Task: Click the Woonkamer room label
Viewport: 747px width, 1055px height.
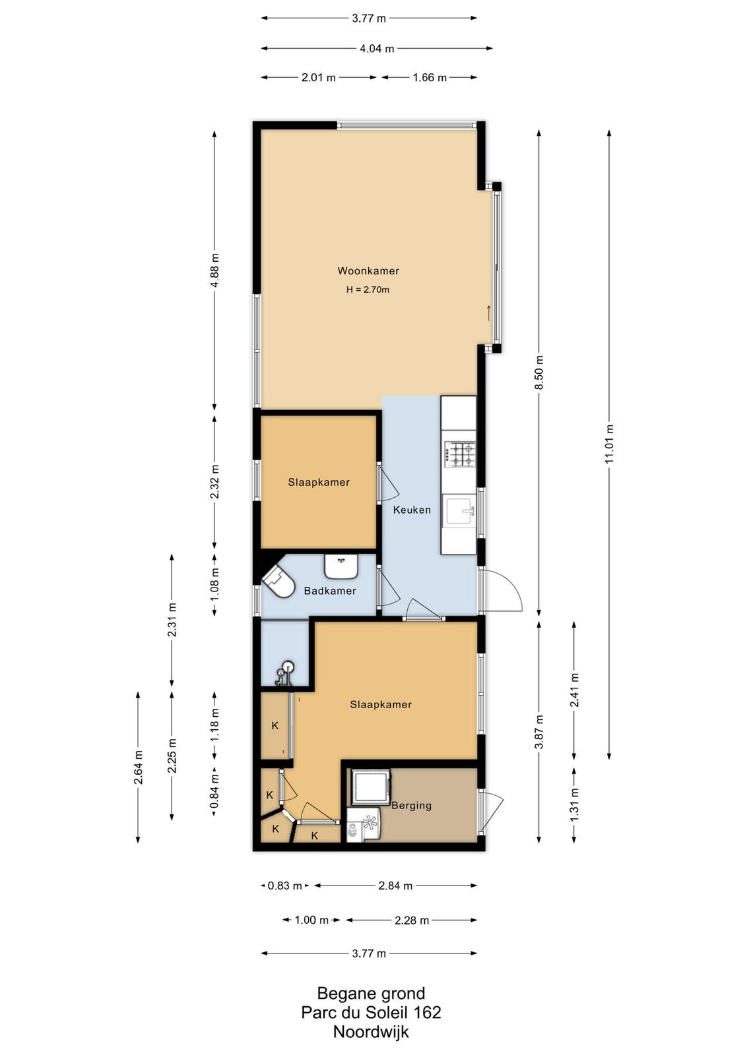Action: (x=368, y=271)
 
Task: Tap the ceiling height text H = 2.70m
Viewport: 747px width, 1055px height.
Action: (x=368, y=289)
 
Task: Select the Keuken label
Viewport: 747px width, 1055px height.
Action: (x=412, y=510)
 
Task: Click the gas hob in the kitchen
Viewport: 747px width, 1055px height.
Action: (x=459, y=454)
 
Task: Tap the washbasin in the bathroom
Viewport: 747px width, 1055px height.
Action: (x=341, y=566)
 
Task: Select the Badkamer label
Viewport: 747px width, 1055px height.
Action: (x=330, y=591)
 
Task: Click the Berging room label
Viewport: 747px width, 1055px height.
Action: (x=411, y=805)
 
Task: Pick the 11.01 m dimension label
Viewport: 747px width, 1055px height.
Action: (x=609, y=444)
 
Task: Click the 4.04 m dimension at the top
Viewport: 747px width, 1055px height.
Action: (x=377, y=48)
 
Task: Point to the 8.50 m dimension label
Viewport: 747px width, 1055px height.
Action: (x=540, y=372)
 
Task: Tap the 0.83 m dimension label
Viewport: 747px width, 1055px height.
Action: (x=284, y=886)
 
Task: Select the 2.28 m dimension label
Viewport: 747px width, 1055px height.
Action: (x=412, y=920)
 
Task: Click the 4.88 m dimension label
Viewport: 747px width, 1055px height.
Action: (x=215, y=270)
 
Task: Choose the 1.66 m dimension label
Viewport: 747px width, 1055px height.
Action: (x=430, y=77)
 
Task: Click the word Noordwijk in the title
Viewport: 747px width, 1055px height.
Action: (x=371, y=1031)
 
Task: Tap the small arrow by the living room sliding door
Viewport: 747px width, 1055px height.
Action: (x=489, y=313)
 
